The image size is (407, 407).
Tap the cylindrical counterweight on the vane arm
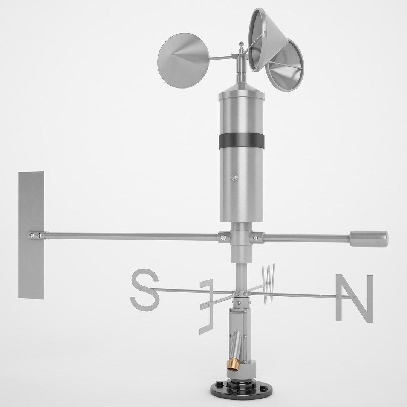(x=368, y=239)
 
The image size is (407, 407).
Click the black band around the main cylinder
(x=241, y=141)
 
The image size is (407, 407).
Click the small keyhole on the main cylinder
(x=234, y=176)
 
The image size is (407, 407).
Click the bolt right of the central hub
(x=256, y=237)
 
